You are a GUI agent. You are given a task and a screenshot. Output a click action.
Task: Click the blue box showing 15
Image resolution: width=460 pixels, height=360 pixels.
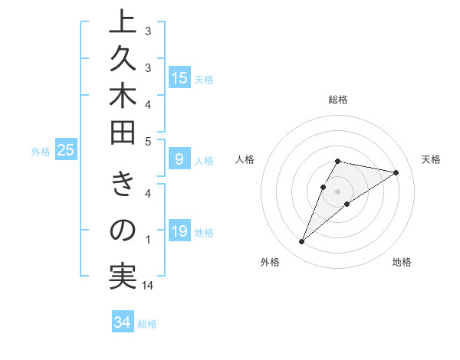coord(179,77)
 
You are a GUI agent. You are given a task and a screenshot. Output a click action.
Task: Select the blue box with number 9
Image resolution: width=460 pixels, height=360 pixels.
coord(179,159)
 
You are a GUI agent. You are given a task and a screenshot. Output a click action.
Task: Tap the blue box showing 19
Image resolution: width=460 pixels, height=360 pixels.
coord(179,231)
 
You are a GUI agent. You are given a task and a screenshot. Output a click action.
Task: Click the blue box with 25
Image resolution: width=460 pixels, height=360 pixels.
coord(66,151)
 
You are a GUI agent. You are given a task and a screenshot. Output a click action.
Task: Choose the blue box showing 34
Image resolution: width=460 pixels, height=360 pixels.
coord(122,322)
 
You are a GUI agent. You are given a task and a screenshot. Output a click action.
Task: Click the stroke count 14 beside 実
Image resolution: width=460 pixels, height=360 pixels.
coord(148,286)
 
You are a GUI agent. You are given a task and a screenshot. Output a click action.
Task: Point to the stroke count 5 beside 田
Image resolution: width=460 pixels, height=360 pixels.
coord(148,141)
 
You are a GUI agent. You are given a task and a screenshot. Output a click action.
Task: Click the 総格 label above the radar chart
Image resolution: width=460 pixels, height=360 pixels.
coord(338,100)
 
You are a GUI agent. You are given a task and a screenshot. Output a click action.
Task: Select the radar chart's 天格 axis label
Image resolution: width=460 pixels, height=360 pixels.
coord(431,159)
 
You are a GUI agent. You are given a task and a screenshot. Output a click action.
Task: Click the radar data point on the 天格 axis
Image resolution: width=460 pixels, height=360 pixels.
coord(396,172)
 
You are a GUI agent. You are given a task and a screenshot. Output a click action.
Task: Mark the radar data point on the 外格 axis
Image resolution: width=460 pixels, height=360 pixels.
coord(301,242)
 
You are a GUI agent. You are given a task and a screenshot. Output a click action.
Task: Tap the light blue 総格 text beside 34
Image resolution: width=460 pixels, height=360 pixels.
coord(147,324)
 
